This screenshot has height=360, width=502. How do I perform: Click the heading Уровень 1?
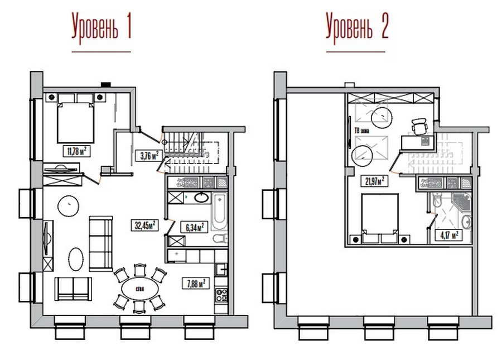coord(102,28)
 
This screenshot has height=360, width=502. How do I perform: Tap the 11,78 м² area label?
coord(76,151)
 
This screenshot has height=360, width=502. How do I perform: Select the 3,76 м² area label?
coord(149,156)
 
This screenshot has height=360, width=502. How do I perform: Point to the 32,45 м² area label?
coord(145,225)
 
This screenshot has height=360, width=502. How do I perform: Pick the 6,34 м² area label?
coord(194,227)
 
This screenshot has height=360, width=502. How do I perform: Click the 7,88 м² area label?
coord(196,283)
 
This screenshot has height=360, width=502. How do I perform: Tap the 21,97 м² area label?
coord(374,181)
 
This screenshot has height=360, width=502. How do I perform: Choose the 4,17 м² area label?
coord(449,236)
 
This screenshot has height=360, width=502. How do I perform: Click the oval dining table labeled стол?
coord(140,289)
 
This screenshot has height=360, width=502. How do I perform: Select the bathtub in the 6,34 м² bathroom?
coord(220,212)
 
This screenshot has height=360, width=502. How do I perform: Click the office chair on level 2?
coord(419,126)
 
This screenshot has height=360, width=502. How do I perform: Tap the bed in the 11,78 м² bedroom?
coord(75,122)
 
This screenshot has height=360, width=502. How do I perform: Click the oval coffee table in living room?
coord(76,259)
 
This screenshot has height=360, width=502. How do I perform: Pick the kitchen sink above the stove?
coord(221,269)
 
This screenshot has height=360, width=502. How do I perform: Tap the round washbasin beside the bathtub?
coord(201,198)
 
